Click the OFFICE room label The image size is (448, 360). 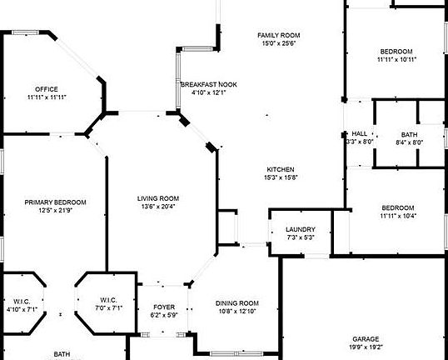pos(47,89)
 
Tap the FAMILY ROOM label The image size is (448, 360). pos(279,36)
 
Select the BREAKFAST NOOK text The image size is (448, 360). pos(209,85)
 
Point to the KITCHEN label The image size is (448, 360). pos(281,169)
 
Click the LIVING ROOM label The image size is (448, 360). pos(158,198)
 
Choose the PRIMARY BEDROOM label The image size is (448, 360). pos(56,202)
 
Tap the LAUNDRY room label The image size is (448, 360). pos(301,229)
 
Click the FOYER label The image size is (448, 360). pos(164,307)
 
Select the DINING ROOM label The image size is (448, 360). pos(237,303)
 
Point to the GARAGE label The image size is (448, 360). pos(366,339)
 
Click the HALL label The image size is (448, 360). pos(360,134)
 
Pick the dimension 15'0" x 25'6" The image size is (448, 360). pos(279,43)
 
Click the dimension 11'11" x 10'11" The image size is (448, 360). pos(396,60)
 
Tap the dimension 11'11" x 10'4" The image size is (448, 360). pos(398,216)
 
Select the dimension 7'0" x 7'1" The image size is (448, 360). pos(108,308)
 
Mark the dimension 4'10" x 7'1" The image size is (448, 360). pos(22,309)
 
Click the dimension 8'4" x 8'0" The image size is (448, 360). pos(409,142)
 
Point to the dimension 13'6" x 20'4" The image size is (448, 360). pos(158,207)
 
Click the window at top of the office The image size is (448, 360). pos(26,32)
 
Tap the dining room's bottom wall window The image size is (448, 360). pos(236,353)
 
